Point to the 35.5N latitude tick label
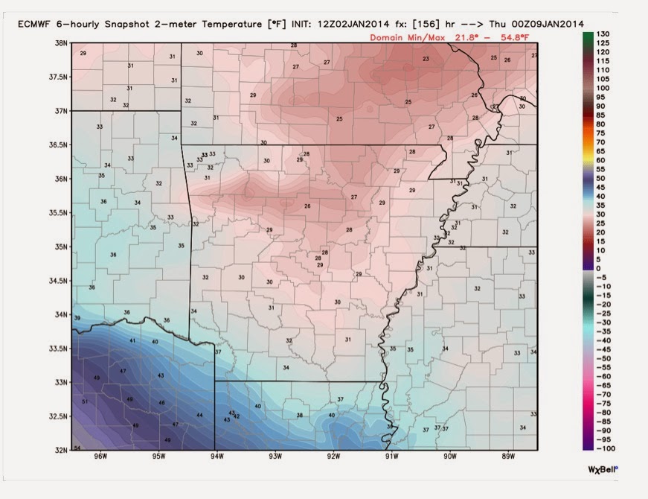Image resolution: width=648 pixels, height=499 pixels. coord(60,212)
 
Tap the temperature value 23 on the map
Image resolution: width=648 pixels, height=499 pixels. coord(426,59)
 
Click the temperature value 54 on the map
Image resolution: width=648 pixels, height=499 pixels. coord(77,448)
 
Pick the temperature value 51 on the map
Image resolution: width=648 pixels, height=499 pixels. coord(85,402)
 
